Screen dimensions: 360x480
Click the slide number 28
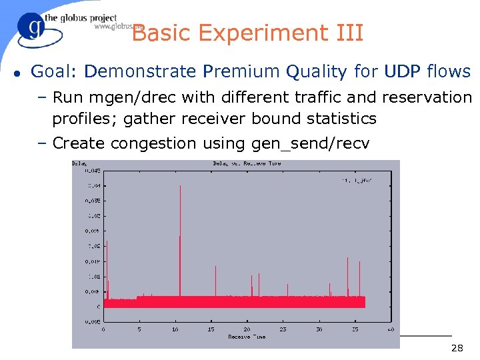(457, 348)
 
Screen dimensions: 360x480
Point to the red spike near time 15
(215, 280)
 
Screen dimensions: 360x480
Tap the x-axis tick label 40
(390, 329)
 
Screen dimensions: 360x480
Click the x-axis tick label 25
(283, 329)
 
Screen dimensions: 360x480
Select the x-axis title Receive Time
(247, 337)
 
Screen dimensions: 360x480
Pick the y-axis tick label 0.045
(92, 169)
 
